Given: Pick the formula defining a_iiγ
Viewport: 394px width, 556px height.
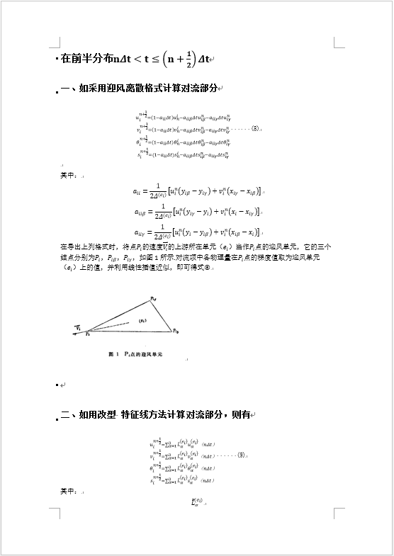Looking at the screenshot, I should [198, 231].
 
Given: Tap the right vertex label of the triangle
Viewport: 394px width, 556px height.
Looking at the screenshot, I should [175, 330].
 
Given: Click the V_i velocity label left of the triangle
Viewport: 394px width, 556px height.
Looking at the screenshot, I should [79, 327].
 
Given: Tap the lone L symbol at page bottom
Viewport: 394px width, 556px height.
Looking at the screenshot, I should [196, 503].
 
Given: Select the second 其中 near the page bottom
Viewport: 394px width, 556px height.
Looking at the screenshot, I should [68, 490].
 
